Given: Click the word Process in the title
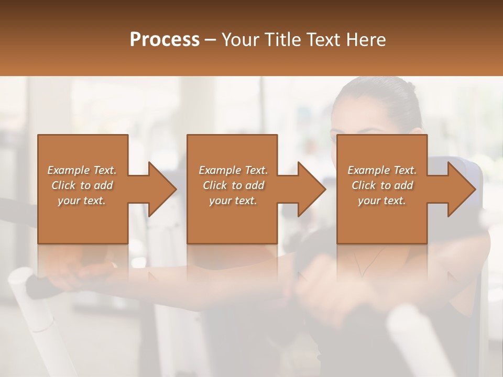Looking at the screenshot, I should click(165, 40).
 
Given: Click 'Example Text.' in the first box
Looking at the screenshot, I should click(82, 170).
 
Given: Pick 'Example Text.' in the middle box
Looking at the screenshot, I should click(233, 170).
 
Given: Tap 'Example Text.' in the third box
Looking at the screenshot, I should click(382, 170).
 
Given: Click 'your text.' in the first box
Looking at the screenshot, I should click(82, 201).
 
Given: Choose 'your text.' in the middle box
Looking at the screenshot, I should click(233, 201).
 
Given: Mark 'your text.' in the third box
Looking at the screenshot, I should click(381, 201).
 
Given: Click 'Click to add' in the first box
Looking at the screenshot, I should click(82, 185).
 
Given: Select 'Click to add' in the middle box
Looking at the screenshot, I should click(233, 185).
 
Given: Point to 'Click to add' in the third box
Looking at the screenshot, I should click(382, 185).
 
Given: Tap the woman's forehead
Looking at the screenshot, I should click(367, 107).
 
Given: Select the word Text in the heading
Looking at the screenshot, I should click(321, 40).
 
